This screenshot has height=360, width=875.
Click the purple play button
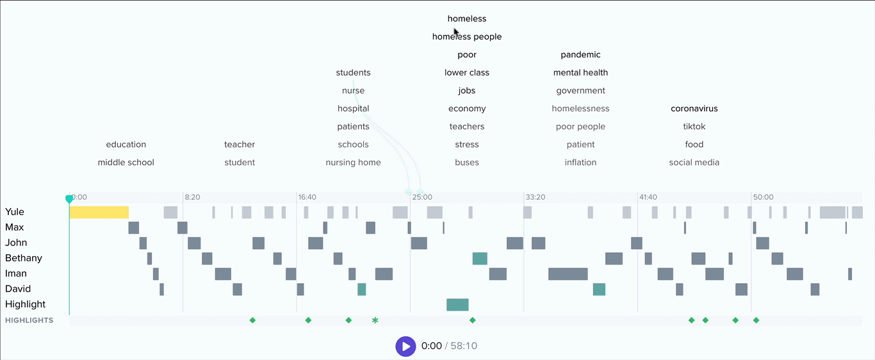pos(405,346)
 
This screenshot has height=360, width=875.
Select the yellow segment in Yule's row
pos(99,212)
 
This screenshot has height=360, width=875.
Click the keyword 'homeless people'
pos(467,37)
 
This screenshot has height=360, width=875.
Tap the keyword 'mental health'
pos(580,72)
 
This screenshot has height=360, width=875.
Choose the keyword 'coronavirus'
pos(694,108)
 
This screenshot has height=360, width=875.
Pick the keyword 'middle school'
pos(126,162)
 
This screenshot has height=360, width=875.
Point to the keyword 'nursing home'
pos(353,162)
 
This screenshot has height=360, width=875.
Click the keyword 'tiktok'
pos(694,126)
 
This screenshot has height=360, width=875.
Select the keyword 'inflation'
pos(580,162)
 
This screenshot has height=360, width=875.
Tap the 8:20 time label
pos(193,197)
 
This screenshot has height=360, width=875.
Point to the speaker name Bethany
pos(24,258)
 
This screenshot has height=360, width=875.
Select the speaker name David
pos(18,289)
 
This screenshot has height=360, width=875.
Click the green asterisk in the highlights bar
pos(375,320)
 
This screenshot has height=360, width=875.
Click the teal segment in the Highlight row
pos(457,305)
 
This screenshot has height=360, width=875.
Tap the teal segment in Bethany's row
pos(480,259)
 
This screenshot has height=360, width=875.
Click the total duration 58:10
pos(464,346)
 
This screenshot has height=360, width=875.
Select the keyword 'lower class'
pos(467,72)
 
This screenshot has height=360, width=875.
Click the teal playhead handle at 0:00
pos(69,199)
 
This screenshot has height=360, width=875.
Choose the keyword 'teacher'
pos(240,144)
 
